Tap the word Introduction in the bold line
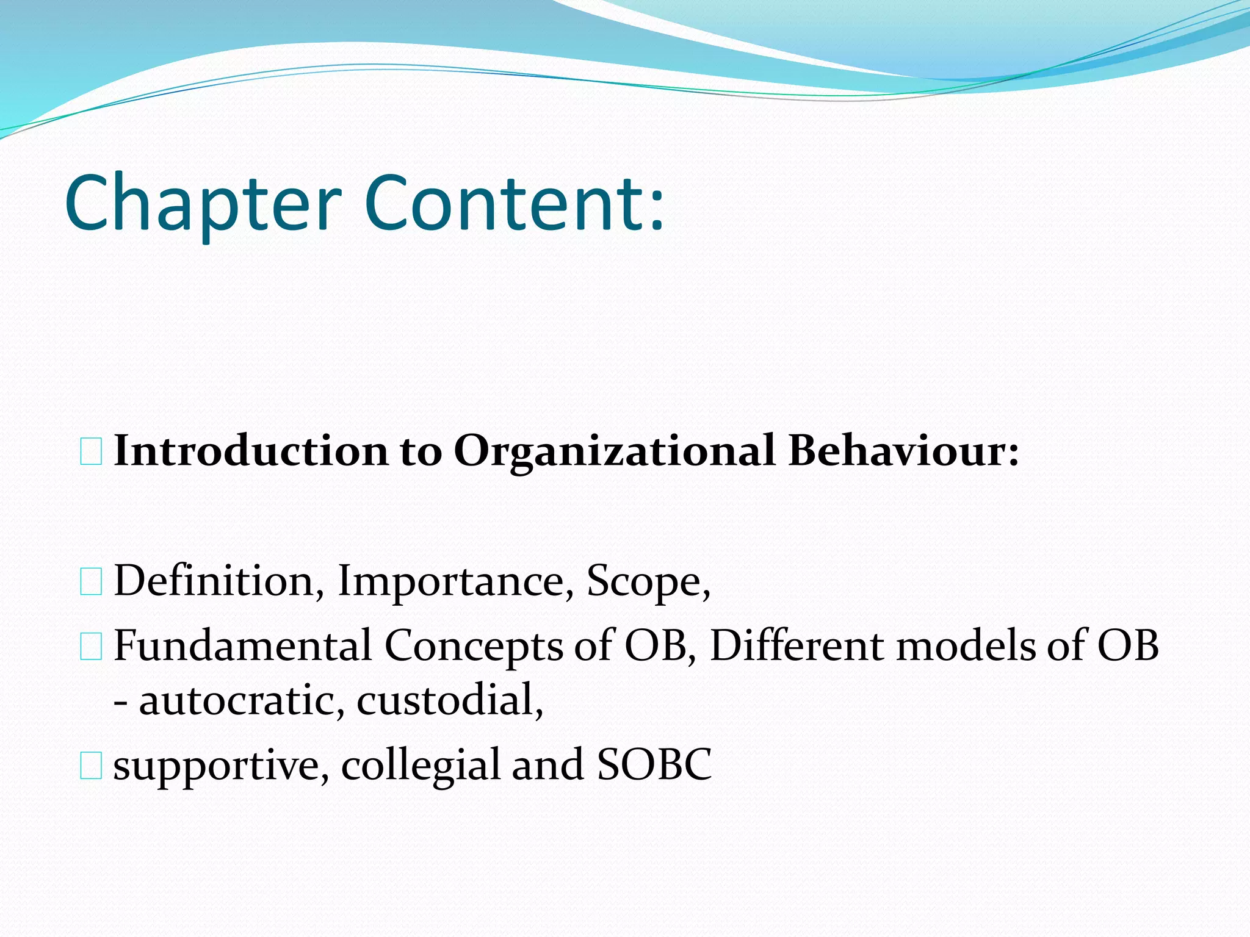coord(250,451)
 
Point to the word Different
coord(796,645)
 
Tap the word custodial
coord(449,699)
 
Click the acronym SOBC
coord(654,765)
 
